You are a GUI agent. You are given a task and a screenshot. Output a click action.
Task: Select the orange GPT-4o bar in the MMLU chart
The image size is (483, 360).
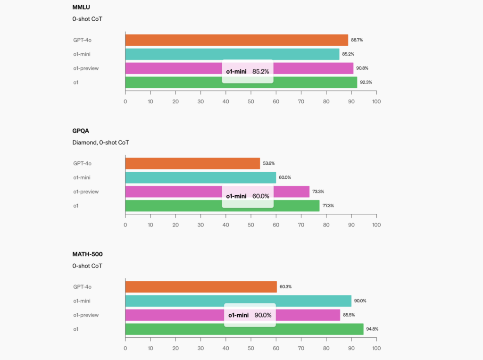[x=236, y=40]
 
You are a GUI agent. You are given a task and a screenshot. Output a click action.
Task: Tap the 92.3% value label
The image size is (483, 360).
[x=366, y=83]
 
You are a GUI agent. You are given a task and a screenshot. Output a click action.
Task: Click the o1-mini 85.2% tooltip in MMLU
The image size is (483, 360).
[x=248, y=72]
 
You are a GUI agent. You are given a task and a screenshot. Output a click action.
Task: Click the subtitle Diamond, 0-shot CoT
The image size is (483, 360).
[x=100, y=142]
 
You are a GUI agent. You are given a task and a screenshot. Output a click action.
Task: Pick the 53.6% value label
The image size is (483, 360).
[x=269, y=163]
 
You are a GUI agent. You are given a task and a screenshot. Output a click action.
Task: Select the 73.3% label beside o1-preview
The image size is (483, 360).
[x=319, y=192]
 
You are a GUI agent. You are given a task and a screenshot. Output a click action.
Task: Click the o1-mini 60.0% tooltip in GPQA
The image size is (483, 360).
[x=248, y=196]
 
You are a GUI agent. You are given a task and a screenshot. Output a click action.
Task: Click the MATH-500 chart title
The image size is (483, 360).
[x=87, y=255]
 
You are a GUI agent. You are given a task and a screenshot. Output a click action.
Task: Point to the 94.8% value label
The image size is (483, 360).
[x=372, y=329]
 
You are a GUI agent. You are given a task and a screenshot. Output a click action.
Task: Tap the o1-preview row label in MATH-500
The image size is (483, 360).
[x=85, y=315]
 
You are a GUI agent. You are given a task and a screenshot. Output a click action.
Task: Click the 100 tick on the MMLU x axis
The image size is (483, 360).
[x=376, y=101]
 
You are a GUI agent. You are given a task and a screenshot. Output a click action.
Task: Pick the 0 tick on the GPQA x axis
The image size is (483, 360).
[x=125, y=225]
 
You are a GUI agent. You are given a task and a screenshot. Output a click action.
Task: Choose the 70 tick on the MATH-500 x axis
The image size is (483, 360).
[x=301, y=349]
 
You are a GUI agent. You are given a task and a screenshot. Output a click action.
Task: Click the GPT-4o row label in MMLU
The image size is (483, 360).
[x=82, y=40]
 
